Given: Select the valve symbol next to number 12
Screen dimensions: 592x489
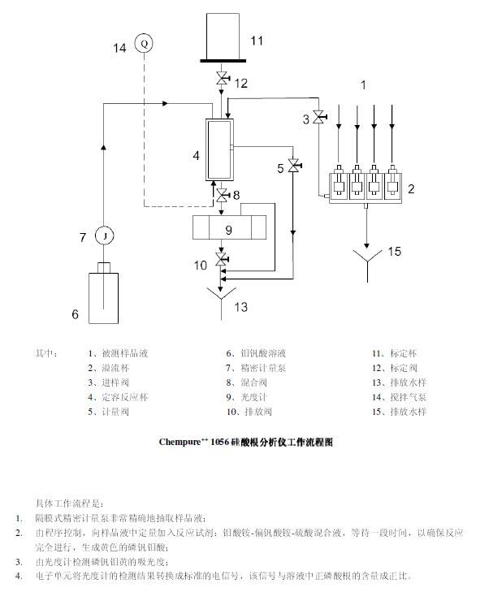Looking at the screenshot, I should pos(221,80).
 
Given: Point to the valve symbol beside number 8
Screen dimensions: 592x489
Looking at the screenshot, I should pos(221,195).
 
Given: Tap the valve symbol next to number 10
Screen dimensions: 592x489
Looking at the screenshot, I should pos(221,261).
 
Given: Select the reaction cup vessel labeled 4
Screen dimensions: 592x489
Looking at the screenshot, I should pos(219,150).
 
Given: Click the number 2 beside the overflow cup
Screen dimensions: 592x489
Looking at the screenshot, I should pos(411,189).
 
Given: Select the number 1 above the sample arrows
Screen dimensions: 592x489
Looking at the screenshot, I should pos(364,84).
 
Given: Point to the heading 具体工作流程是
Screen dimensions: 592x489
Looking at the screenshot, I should pos(69,503).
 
